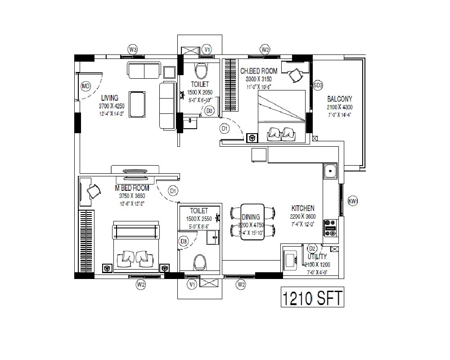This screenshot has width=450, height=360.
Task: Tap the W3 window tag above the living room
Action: pos(132,49)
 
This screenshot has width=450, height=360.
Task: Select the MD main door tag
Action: pos(85,86)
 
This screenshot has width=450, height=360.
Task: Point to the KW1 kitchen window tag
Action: pos(353,201)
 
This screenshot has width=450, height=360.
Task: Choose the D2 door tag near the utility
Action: pos(312,248)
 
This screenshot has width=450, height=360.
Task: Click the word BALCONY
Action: pos(340,99)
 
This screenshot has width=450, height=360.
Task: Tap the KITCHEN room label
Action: pos(303,208)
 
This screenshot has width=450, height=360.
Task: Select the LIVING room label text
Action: pos(109,98)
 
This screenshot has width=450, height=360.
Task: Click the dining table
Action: pos(252,222)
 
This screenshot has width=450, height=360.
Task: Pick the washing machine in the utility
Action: pos(291,259)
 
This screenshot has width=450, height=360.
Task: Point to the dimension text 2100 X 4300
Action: pos(340,108)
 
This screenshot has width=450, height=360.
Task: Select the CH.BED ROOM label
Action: pos(259,71)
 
